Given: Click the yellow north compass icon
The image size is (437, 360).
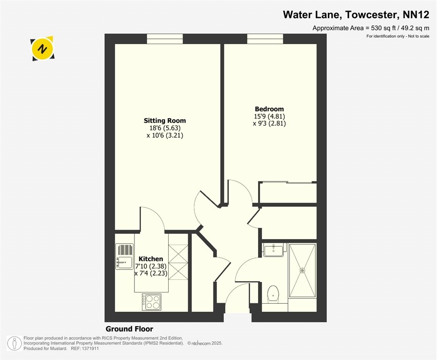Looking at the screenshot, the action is tap(42, 49).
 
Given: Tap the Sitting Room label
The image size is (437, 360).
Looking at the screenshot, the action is tap(165, 120).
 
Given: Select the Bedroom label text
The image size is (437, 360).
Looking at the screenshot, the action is tap(269, 109).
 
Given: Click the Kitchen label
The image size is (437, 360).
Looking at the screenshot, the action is tap(151, 258).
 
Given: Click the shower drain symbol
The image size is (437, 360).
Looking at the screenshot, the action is tap(303, 270).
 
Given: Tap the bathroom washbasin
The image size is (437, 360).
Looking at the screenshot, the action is tap(273, 249).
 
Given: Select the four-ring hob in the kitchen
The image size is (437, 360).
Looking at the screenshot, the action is tap(151, 302).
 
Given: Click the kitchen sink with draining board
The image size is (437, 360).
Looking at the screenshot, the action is tap(124, 256).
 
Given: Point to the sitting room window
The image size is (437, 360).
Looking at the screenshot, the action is tap(165, 39).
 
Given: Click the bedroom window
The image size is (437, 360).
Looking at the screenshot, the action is tap(265, 39).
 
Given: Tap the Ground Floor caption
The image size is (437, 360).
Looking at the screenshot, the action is tap(129, 329).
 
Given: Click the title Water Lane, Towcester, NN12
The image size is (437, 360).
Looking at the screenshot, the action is tap(356, 15).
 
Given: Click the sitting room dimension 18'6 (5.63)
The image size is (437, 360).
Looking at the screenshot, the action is tap(165, 128).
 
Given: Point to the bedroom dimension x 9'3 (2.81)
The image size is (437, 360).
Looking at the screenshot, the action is tap(269, 123).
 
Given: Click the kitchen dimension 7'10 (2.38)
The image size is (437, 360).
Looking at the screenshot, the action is tap(151, 266).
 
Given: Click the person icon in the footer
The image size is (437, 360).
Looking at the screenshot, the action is tap(14, 343).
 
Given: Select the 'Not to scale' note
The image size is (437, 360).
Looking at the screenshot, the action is tap(419, 36).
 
